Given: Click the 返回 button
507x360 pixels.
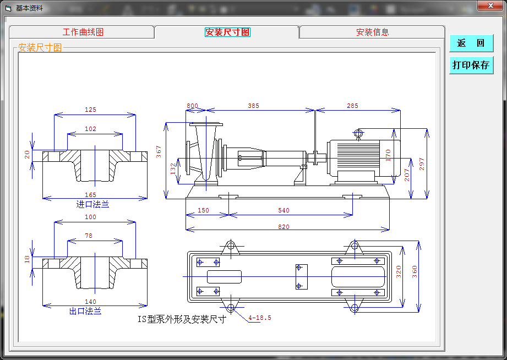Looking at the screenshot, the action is pyautogui.click(x=471, y=43).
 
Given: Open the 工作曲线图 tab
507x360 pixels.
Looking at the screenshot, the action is pyautogui.click(x=83, y=32).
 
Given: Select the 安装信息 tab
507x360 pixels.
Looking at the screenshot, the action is pyautogui.click(x=372, y=32).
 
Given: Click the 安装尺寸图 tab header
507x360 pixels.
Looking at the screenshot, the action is pyautogui.click(x=227, y=32).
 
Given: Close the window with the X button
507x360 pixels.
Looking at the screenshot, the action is pyautogui.click(x=490, y=6).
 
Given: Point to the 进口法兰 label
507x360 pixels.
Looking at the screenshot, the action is pyautogui.click(x=92, y=204).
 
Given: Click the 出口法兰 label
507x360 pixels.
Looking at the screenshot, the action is pyautogui.click(x=85, y=311).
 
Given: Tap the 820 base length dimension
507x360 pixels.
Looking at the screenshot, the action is pyautogui.click(x=284, y=226).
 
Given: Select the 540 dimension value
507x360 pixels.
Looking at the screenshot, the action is pyautogui.click(x=284, y=210).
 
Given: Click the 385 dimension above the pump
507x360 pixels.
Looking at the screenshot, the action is pyautogui.click(x=253, y=106).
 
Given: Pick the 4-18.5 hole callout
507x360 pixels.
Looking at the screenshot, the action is pyautogui.click(x=260, y=318).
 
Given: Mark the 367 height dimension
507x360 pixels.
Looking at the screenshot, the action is pyautogui.click(x=159, y=152).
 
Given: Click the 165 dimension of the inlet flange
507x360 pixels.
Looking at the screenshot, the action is pyautogui.click(x=90, y=195).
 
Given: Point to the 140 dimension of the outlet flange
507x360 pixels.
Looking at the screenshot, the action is pyautogui.click(x=90, y=302).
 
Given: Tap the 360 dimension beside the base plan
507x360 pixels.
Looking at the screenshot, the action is pyautogui.click(x=415, y=272).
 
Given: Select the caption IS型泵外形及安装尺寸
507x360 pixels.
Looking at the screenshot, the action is pyautogui.click(x=182, y=319).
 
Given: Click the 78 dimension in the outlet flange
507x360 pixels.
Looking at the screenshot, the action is pyautogui.click(x=89, y=236).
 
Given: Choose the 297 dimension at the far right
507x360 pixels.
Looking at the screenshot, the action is pyautogui.click(x=422, y=164).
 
